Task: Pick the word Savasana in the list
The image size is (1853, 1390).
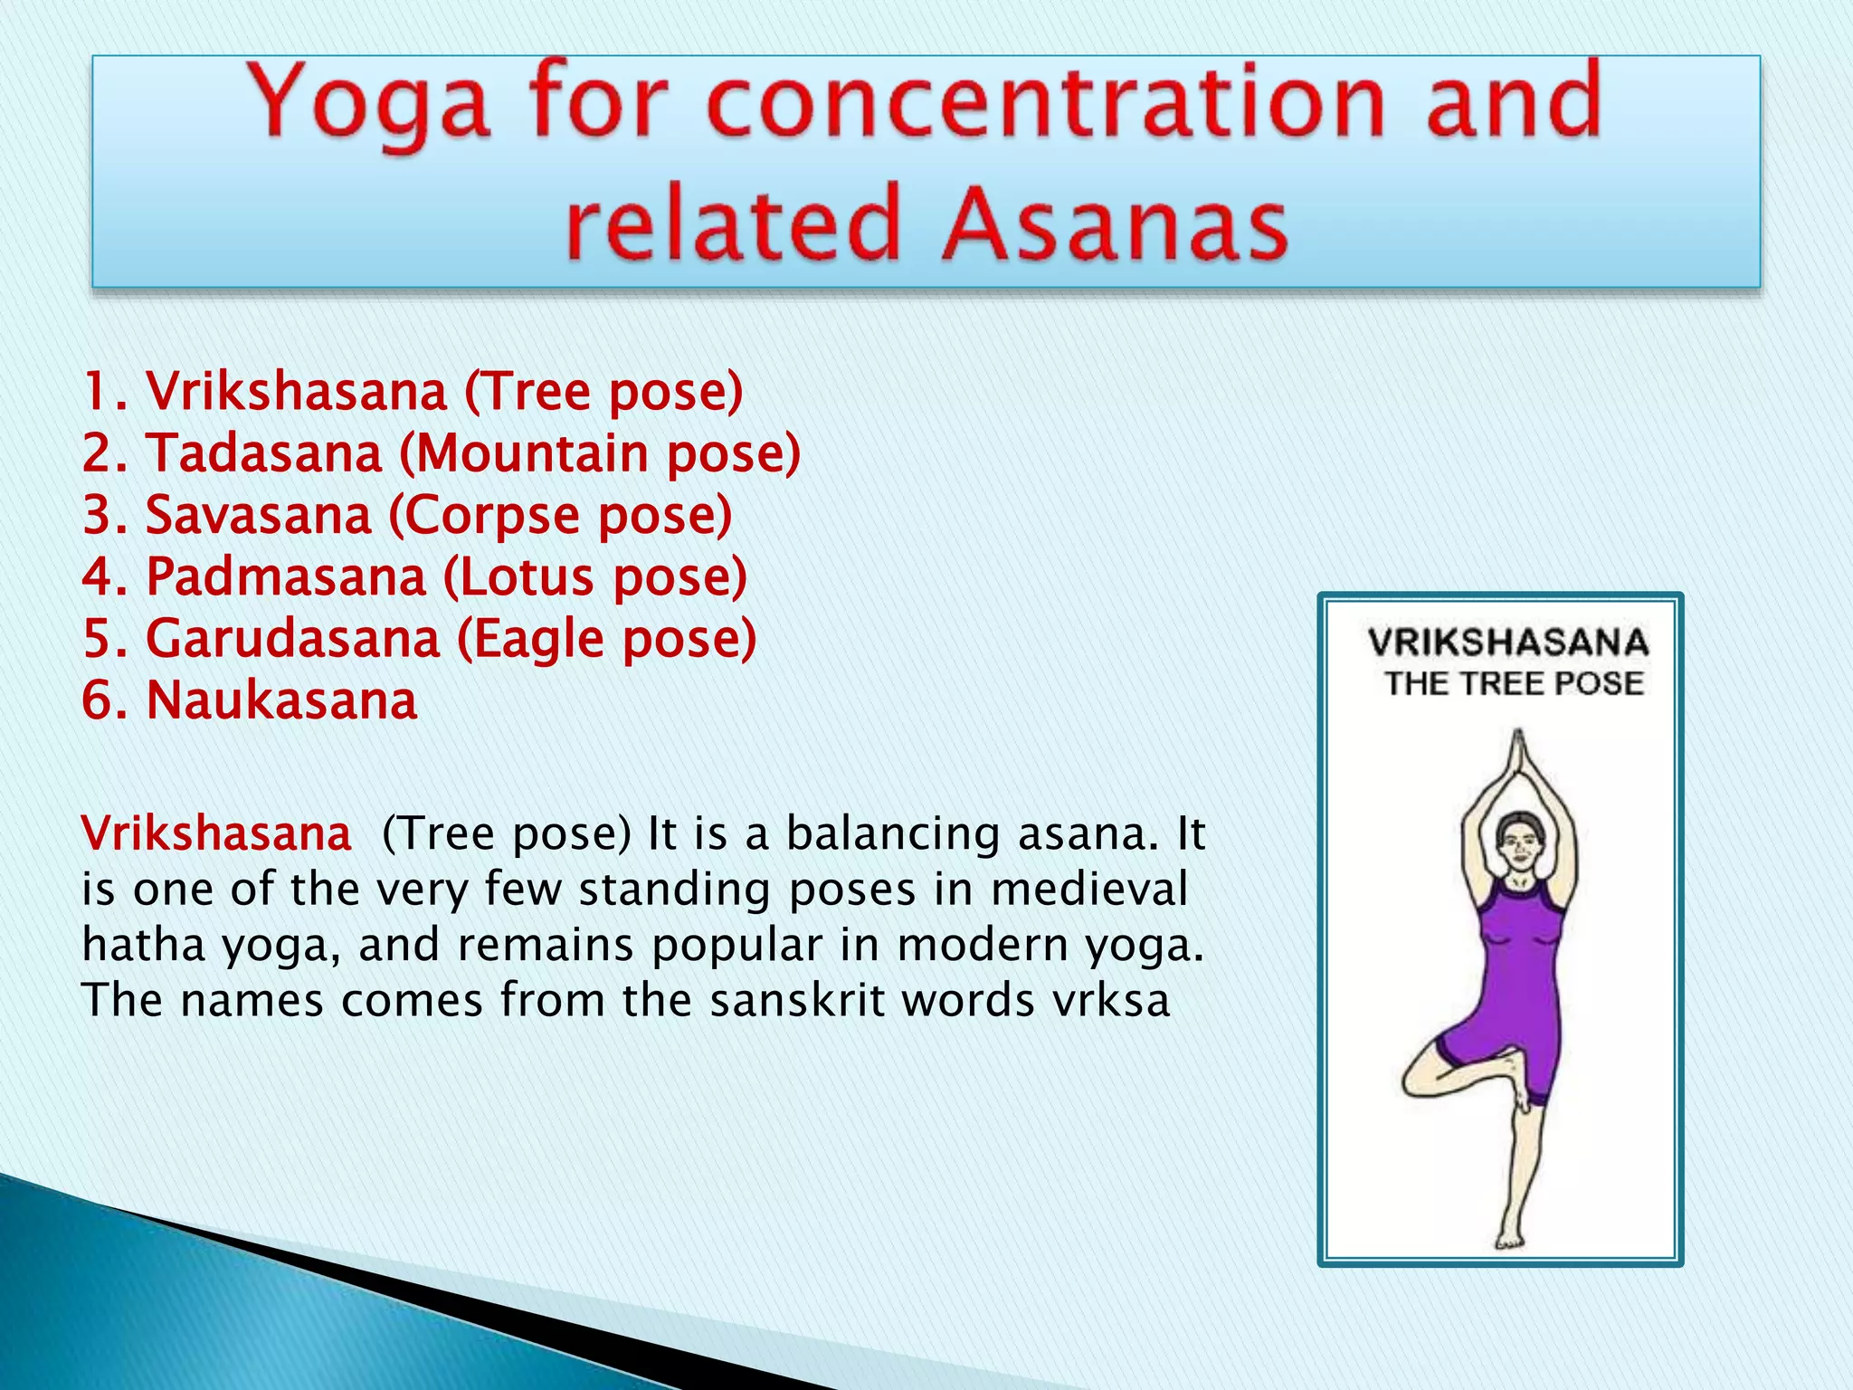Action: click(x=258, y=515)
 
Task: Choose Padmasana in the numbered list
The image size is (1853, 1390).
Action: click(x=285, y=576)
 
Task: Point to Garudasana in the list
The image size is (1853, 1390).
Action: click(x=292, y=638)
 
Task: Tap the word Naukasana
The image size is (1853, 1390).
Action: click(x=281, y=700)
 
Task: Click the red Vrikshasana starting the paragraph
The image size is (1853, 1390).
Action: click(x=216, y=833)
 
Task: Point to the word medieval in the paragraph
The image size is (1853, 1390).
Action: click(x=1089, y=889)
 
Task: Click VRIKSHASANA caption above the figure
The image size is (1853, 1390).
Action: click(x=1507, y=643)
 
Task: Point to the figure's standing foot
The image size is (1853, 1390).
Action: click(x=1508, y=1239)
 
